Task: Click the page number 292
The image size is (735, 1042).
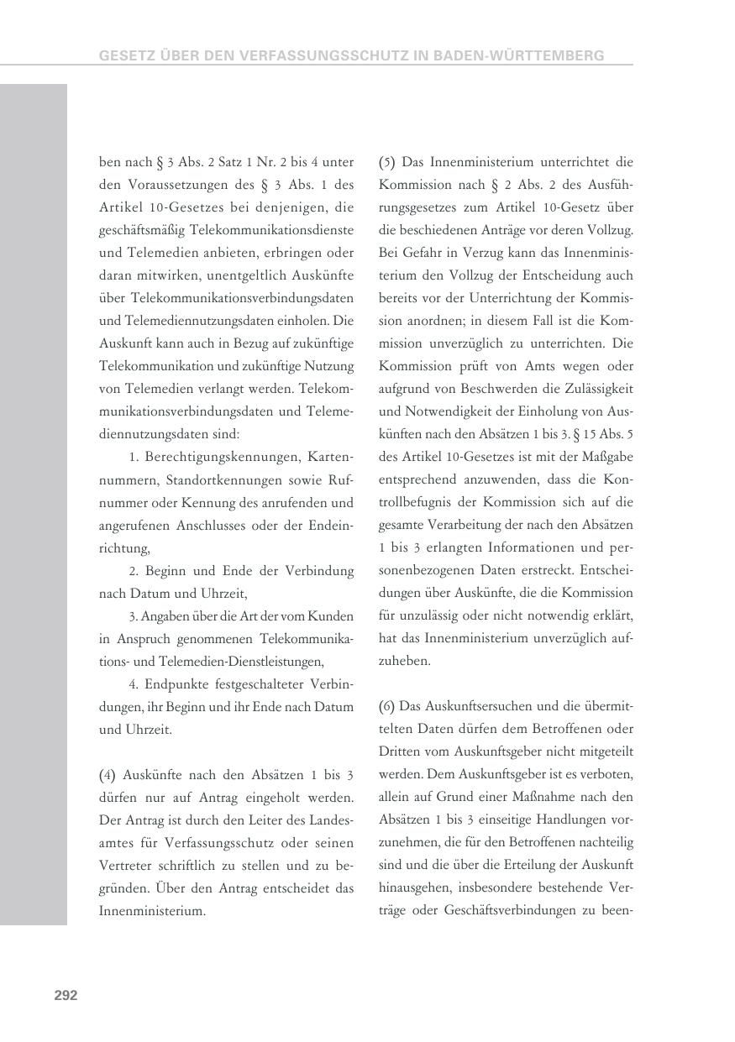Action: click(66, 995)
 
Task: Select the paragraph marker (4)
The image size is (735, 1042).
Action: click(108, 774)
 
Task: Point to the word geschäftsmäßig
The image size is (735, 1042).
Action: click(142, 229)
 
